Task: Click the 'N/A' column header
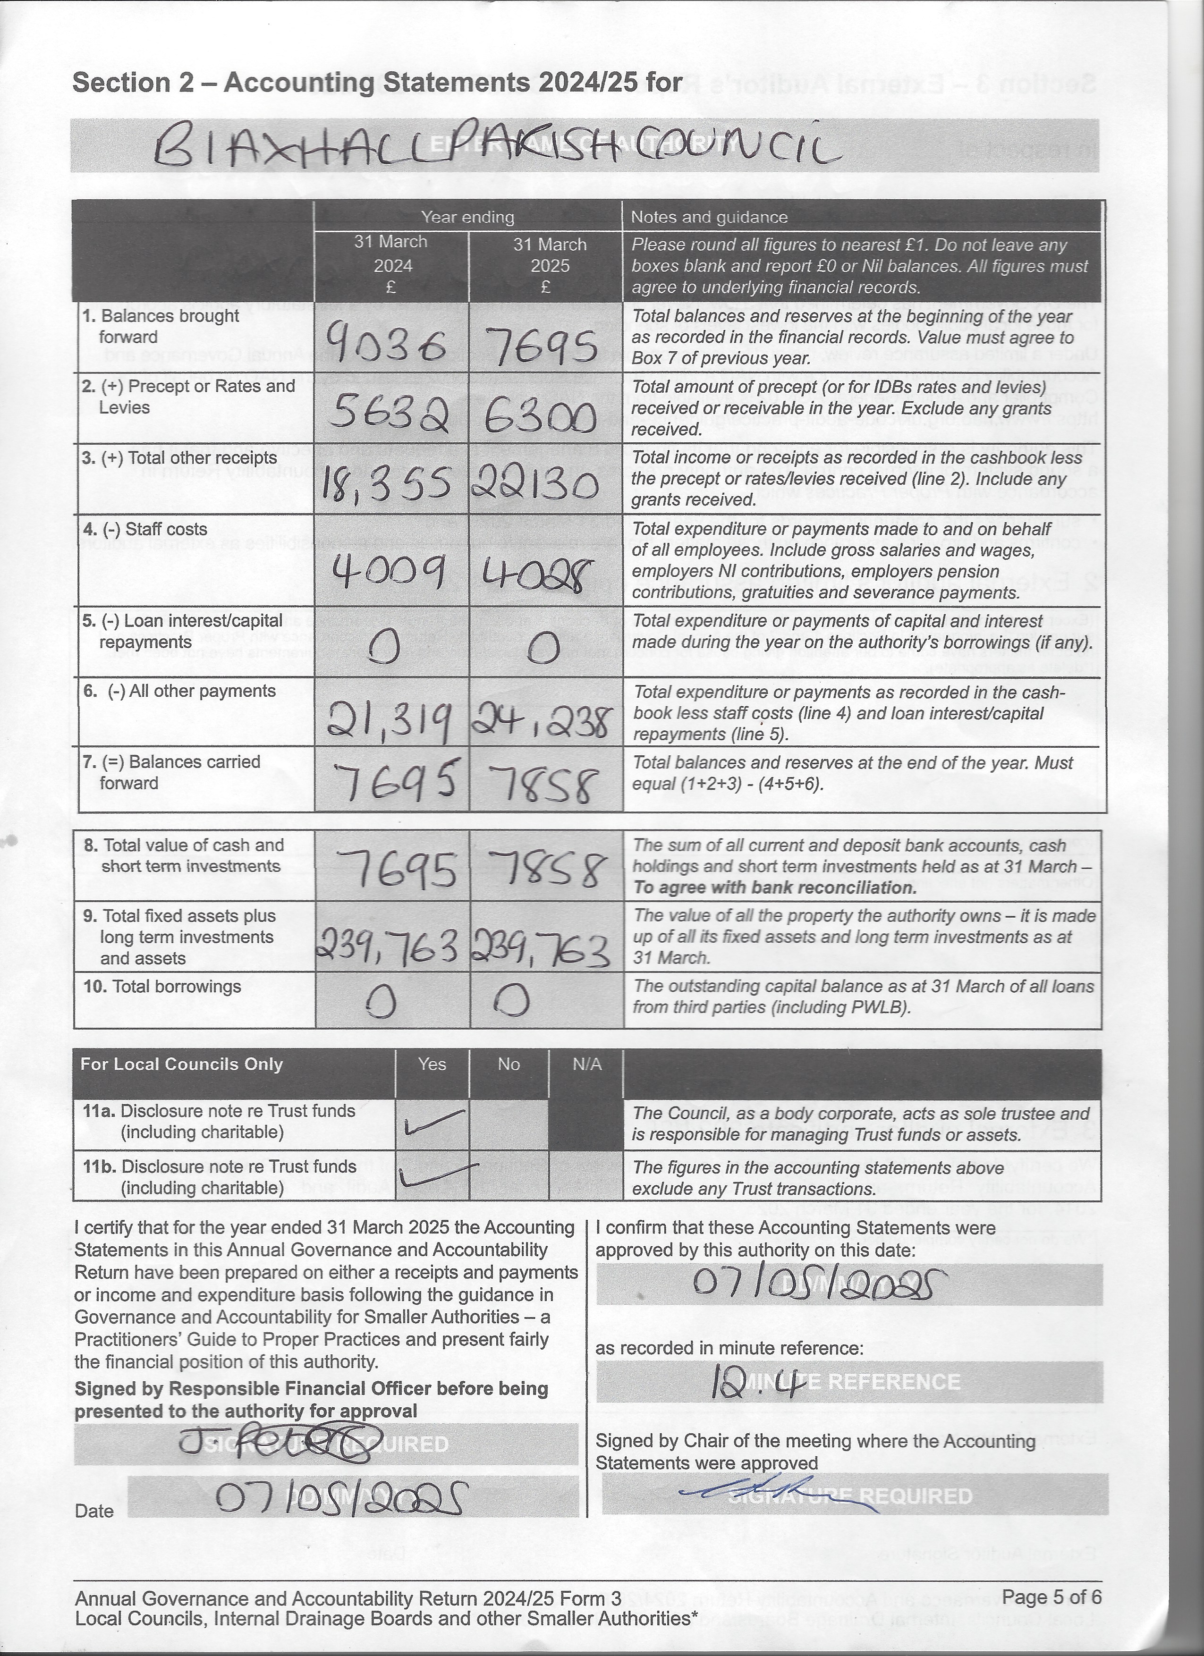(586, 1065)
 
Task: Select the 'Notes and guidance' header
(709, 217)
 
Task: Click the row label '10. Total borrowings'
(161, 987)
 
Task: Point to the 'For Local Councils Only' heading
(181, 1065)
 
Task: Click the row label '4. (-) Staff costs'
(144, 529)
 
